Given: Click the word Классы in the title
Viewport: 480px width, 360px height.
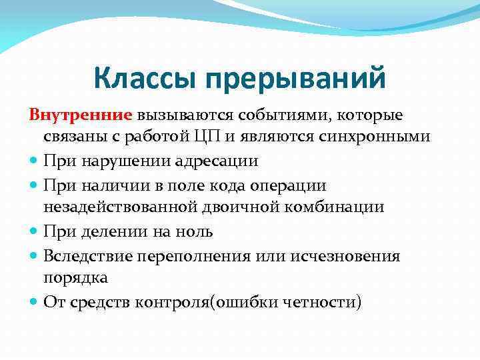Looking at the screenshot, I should pos(145,79).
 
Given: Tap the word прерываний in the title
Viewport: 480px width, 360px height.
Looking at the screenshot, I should pos(295,79).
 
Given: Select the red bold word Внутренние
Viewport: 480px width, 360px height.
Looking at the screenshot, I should pos(81,115).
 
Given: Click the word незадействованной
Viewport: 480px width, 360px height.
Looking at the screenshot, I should pos(121,207).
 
